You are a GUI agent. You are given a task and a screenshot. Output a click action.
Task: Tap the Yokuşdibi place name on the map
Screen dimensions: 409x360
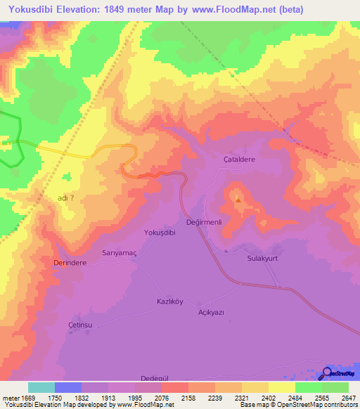click(159, 232)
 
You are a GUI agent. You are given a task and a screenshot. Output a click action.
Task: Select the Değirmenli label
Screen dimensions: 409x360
click(204, 222)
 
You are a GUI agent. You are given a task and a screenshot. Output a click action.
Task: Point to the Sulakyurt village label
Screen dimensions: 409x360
click(264, 258)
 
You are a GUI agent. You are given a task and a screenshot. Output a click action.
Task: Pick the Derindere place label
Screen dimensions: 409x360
click(70, 262)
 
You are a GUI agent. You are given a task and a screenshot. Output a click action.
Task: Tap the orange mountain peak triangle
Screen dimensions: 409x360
click(238, 200)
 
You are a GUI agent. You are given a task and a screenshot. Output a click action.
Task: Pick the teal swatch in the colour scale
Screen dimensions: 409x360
click(41, 387)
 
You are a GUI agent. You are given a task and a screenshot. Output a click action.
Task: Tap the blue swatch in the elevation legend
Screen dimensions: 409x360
click(68, 387)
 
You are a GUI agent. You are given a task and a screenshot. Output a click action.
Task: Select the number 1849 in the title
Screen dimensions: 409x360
click(130, 9)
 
